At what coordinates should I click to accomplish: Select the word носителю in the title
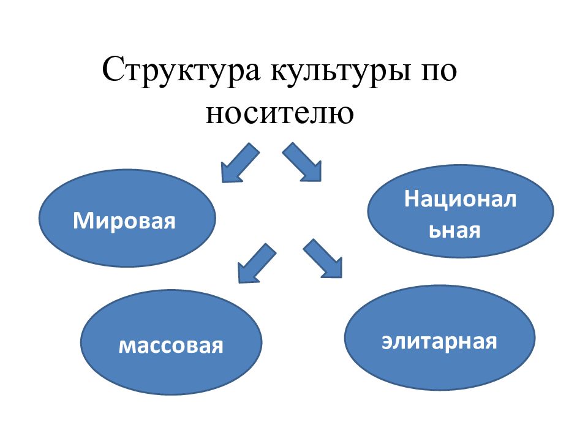point(279,113)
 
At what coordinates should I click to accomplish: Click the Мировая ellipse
point(127,218)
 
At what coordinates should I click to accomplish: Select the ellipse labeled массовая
point(171,342)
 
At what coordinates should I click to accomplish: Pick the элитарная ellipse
point(440,337)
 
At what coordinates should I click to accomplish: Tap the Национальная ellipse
point(461,211)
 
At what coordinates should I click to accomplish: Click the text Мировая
point(124,221)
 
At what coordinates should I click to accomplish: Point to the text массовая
point(171,345)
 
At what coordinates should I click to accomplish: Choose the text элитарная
point(439,341)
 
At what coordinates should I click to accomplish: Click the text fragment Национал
point(460,198)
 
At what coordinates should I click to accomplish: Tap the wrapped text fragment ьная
point(454,230)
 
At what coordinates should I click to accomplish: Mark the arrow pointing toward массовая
point(256,263)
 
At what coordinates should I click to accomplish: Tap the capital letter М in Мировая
point(83,221)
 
